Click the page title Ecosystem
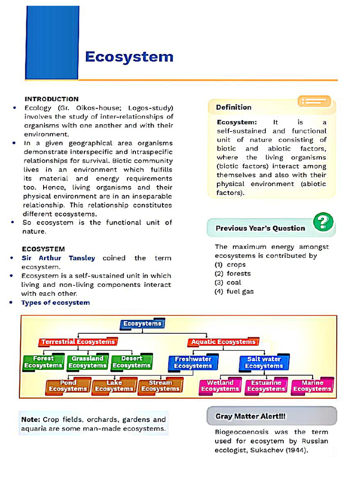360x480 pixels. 129,57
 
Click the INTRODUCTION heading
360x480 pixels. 52,99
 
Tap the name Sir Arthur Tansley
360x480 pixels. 58,258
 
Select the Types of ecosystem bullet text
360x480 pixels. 55,302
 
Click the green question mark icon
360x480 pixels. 323,222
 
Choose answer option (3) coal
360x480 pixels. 228,282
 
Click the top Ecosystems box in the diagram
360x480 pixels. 142,323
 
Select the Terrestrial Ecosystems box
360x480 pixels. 78,342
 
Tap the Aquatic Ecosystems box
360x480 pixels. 223,342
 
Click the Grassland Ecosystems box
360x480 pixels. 88,362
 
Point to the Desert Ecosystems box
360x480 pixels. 132,362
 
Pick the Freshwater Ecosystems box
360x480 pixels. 193,362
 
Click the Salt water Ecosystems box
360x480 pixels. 264,362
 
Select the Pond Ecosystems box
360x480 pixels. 68,386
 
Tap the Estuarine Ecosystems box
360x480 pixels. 266,386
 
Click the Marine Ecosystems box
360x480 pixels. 312,386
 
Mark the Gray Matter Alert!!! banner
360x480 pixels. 271,416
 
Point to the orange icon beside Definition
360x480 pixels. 314,101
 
